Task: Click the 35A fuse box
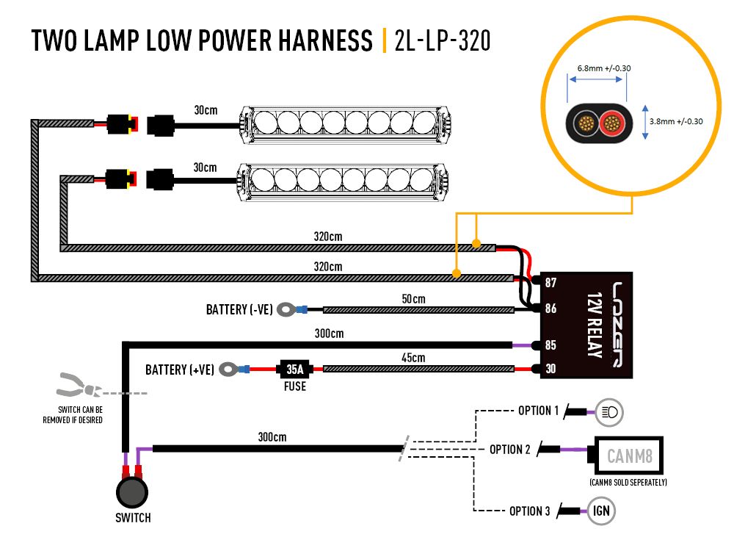pyautogui.click(x=294, y=370)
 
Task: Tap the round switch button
pyautogui.click(x=132, y=492)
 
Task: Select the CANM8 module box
pyautogui.click(x=629, y=455)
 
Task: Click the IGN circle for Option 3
pyautogui.click(x=601, y=511)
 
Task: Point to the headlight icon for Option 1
pyautogui.click(x=609, y=412)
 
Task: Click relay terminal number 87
pyautogui.click(x=550, y=283)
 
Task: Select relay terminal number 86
pyautogui.click(x=550, y=309)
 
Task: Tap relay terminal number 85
pyautogui.click(x=550, y=345)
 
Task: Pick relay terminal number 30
pyautogui.click(x=550, y=369)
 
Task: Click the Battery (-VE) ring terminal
pyautogui.click(x=286, y=309)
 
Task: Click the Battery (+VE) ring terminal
pyautogui.click(x=228, y=370)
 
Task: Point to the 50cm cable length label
pyautogui.click(x=413, y=299)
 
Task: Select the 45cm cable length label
pyautogui.click(x=413, y=358)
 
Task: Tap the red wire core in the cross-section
pyautogui.click(x=612, y=123)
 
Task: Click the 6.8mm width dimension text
pyautogui.click(x=604, y=68)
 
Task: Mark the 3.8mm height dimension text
pyautogui.click(x=676, y=121)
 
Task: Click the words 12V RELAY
pyautogui.click(x=595, y=325)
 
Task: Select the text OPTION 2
pyautogui.click(x=510, y=450)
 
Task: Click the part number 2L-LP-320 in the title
pyautogui.click(x=443, y=40)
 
